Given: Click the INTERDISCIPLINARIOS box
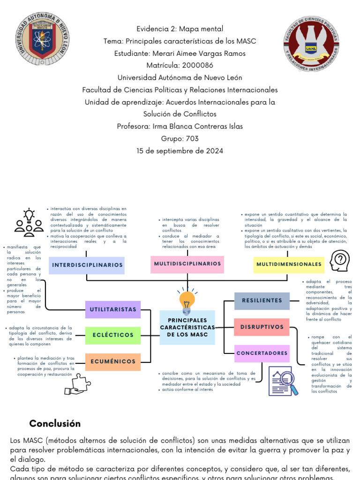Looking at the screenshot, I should [87, 265].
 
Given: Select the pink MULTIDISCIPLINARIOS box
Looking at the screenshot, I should [187, 263].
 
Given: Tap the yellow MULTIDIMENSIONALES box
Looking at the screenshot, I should [289, 264].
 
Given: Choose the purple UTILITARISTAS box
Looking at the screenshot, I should [112, 309].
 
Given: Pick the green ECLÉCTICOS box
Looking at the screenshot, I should [112, 335].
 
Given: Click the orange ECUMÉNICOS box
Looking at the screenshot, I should [112, 361].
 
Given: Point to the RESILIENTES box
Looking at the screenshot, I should [262, 300].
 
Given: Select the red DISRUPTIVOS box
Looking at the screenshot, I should [262, 327].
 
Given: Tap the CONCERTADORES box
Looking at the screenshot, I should [262, 353].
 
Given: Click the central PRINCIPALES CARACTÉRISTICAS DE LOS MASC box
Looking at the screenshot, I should [187, 327].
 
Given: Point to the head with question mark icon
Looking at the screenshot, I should [340, 260].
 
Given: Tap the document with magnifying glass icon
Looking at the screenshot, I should [284, 381].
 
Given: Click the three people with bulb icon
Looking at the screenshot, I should [29, 222].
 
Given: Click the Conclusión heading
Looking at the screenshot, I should [55, 424].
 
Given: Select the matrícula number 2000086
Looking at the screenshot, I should [197, 65].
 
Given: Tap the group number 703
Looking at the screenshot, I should [192, 138].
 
